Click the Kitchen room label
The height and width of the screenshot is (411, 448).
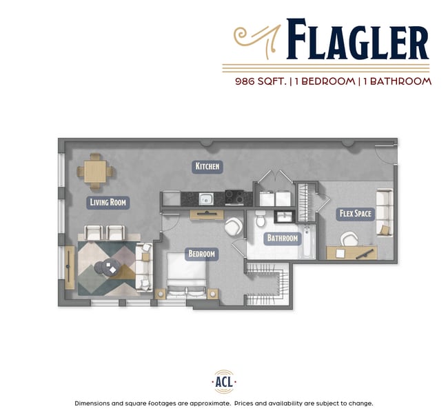click(x=207, y=166)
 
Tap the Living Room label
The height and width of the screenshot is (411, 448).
click(x=108, y=202)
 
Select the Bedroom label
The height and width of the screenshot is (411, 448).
click(x=202, y=254)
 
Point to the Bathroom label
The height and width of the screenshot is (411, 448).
click(x=283, y=239)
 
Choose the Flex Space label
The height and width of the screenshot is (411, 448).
click(x=355, y=213)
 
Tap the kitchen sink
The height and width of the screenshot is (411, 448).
click(x=205, y=199)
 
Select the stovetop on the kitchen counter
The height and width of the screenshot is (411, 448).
click(x=234, y=199)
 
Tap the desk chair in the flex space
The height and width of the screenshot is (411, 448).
click(x=349, y=238)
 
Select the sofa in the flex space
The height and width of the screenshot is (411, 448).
click(x=384, y=211)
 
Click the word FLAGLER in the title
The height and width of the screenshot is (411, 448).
click(x=357, y=40)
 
